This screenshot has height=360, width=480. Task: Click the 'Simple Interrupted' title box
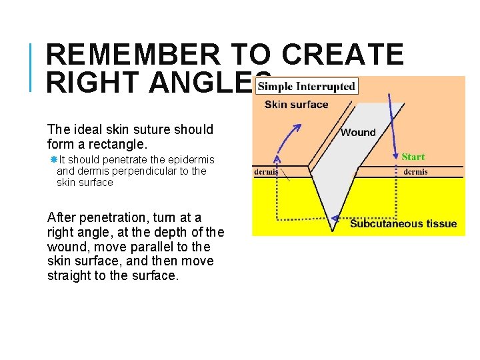pyautogui.click(x=307, y=86)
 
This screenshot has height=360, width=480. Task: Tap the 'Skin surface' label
pyautogui.click(x=296, y=104)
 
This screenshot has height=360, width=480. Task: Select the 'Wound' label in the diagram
pyautogui.click(x=358, y=132)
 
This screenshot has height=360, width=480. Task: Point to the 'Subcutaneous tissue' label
pyautogui.click(x=403, y=223)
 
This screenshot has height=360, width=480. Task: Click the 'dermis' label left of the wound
pyautogui.click(x=266, y=171)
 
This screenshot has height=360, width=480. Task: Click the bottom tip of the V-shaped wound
pyautogui.click(x=332, y=230)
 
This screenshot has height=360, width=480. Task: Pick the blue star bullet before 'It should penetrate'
pyautogui.click(x=53, y=159)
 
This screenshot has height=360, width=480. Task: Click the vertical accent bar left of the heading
pyautogui.click(x=33, y=67)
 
